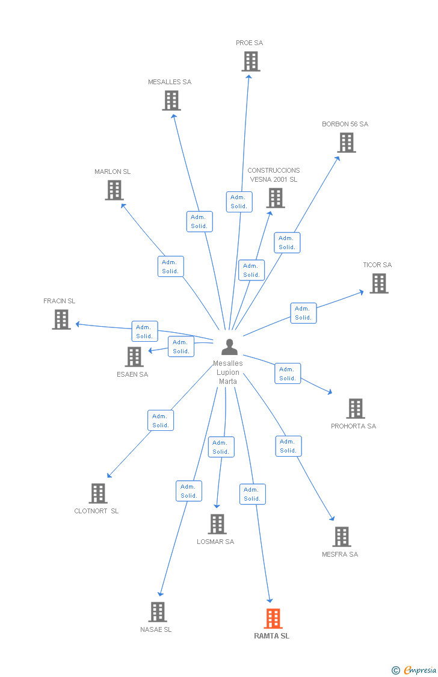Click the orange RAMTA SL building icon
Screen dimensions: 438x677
point(273,618)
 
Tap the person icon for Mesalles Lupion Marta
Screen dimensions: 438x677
point(229,347)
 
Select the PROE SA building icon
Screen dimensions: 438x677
point(251,61)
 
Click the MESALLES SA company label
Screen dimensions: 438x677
point(170,82)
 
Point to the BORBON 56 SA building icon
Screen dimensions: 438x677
point(347,143)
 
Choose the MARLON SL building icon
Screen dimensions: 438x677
point(114,190)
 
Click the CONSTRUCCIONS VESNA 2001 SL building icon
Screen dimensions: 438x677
point(276,198)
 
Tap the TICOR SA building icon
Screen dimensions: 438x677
point(379,283)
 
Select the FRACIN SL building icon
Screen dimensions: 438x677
point(61,320)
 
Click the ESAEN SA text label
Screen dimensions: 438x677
point(132,374)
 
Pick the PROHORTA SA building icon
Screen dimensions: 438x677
point(356,409)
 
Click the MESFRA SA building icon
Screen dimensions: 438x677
point(342,537)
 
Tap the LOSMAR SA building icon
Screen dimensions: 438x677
point(217,524)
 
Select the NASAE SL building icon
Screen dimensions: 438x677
point(158,612)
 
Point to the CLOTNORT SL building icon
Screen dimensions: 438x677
point(98,493)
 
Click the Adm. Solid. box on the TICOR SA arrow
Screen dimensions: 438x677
point(303,313)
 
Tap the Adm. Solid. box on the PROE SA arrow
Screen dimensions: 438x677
point(239,202)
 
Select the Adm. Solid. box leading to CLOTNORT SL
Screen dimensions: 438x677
point(161,420)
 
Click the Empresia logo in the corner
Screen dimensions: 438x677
point(415,670)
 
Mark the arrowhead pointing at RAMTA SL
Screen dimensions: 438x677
point(270,600)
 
